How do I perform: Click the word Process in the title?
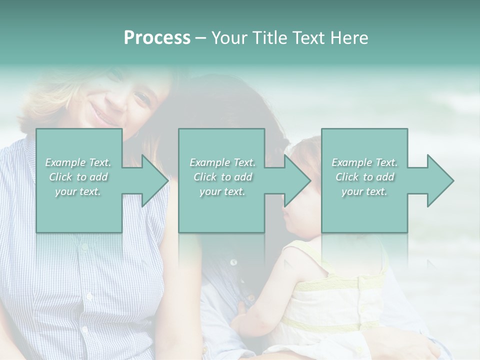[x=157, y=38]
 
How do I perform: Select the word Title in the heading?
[x=269, y=38]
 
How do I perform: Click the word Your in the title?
[x=229, y=38]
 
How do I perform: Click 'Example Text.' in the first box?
[x=78, y=162]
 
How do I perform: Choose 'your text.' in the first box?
[x=78, y=191]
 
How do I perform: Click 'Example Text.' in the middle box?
[x=222, y=162]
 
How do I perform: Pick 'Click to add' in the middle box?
[x=222, y=177]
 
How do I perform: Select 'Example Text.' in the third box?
[x=364, y=162]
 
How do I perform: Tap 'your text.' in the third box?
[x=364, y=191]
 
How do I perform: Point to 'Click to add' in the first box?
[x=78, y=177]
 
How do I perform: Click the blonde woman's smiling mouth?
[x=103, y=119]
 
